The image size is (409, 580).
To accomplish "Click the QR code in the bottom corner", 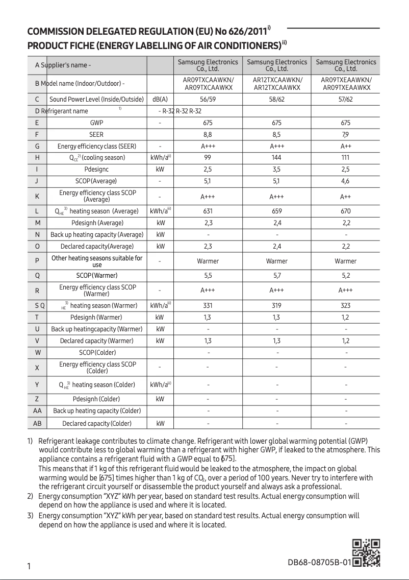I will coord(367,552).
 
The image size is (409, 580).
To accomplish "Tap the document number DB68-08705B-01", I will coord(319,563).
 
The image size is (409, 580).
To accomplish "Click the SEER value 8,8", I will coord(208,135).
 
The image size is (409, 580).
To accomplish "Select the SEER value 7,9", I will coord(346,135).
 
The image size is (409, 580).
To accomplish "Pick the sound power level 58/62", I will coord(277,99).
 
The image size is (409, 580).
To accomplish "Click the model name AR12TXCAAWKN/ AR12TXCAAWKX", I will coord(277,84).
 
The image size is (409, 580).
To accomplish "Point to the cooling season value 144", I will coord(277,158).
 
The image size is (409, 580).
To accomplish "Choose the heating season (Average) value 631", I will coord(208,211).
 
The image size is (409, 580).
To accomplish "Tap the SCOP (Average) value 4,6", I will coord(346,181).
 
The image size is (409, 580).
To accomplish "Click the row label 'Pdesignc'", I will coord(96,169).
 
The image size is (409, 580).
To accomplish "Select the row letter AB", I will coord(37,423).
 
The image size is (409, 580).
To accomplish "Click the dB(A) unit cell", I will coord(160,99).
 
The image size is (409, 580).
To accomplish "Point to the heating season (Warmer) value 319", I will coord(277,305).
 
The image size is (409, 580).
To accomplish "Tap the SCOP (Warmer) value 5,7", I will coord(277,275).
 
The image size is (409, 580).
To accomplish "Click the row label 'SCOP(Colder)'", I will coord(97,352).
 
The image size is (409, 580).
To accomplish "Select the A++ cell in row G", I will coord(346,147).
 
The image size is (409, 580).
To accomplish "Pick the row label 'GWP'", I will coord(96,123).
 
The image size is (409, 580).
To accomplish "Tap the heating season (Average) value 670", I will coord(346,211).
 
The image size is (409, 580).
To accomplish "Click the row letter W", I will coord(37,352).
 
